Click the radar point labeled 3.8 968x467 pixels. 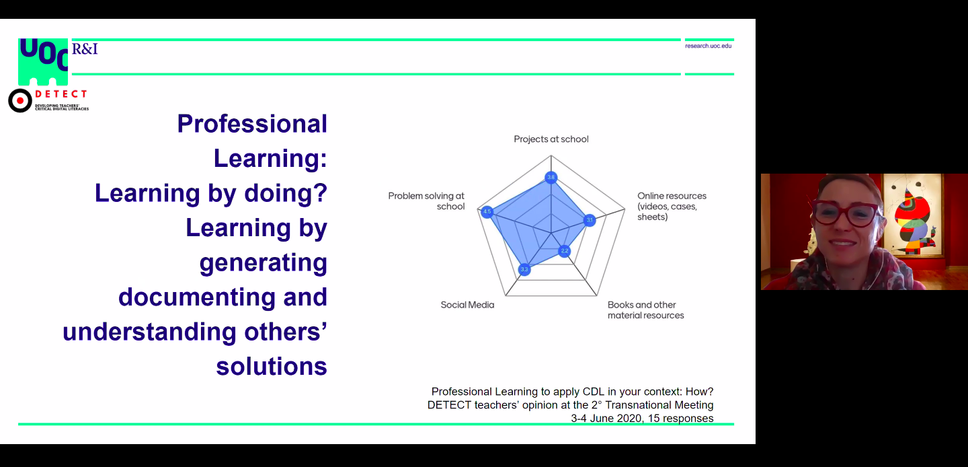click(551, 178)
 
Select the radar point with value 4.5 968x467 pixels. click(487, 211)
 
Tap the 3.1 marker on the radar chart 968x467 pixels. click(590, 220)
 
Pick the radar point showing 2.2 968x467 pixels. click(565, 251)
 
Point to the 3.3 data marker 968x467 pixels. click(524, 270)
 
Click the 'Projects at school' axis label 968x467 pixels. click(551, 139)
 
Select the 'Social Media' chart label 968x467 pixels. click(467, 305)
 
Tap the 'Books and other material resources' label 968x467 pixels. click(645, 310)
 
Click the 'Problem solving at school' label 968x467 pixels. click(426, 201)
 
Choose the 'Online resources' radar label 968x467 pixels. click(672, 207)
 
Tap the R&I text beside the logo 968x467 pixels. click(85, 48)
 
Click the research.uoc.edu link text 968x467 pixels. click(708, 46)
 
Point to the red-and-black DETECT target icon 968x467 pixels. click(20, 100)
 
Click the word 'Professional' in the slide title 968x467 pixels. click(252, 124)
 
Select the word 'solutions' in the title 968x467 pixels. click(272, 366)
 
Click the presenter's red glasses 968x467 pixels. click(846, 212)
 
